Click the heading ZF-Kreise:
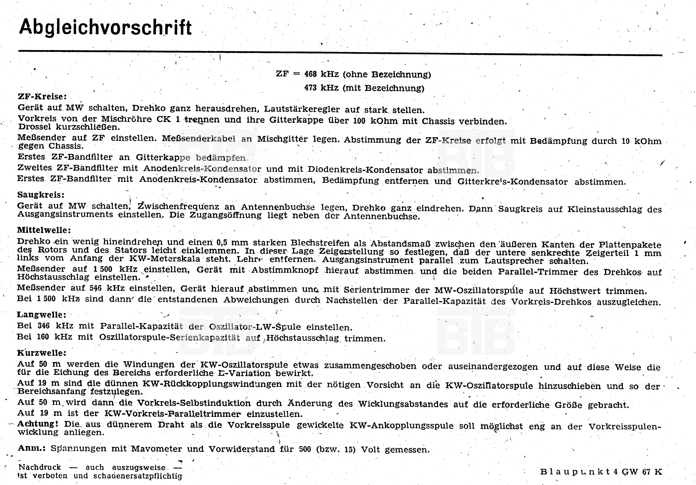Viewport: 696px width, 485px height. [42, 97]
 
